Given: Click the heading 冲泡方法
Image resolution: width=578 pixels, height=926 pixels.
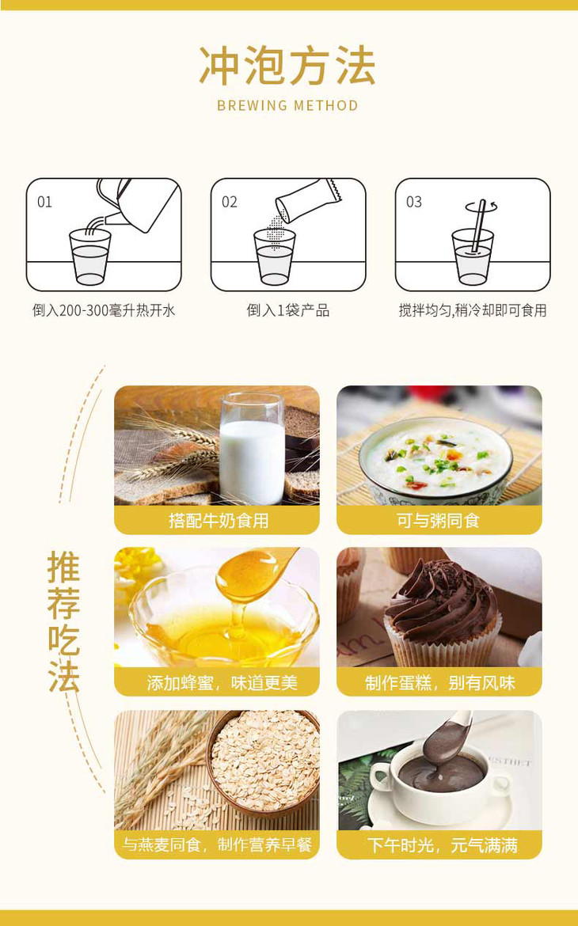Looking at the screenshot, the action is tap(287, 66).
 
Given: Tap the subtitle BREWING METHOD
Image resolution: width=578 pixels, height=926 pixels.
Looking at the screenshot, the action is tap(288, 106).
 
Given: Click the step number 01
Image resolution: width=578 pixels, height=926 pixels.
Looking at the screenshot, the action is tap(44, 203).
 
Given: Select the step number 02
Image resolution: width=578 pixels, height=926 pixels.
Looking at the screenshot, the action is tap(230, 203).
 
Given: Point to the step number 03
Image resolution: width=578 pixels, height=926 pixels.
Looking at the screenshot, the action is tap(413, 203).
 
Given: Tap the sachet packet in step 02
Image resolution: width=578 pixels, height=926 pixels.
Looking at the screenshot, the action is tap(308, 199).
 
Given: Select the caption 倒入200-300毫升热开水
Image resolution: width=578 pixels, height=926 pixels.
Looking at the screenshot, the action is tap(104, 310).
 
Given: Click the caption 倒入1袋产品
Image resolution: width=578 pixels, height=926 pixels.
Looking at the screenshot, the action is tap(288, 310).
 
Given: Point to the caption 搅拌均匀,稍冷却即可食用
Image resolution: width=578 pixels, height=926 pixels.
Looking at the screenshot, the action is tap(472, 310).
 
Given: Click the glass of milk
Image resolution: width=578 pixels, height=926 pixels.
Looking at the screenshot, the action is tap(253, 450).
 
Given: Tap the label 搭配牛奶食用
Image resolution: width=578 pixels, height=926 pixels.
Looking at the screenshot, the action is tap(218, 520).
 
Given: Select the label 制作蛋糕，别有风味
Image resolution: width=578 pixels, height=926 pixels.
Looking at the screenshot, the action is tap(439, 683).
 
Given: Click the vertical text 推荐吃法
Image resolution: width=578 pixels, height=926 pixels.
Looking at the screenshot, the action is tap(64, 621).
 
